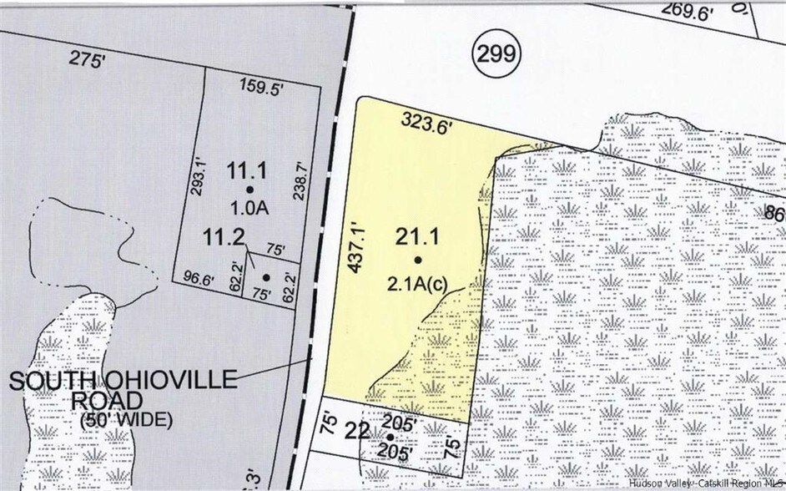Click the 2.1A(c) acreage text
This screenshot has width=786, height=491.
click(418, 282)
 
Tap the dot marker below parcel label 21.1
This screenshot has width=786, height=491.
click(418, 261)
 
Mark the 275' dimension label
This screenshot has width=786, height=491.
click(85, 60)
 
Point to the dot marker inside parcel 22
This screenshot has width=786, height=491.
click(390, 437)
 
